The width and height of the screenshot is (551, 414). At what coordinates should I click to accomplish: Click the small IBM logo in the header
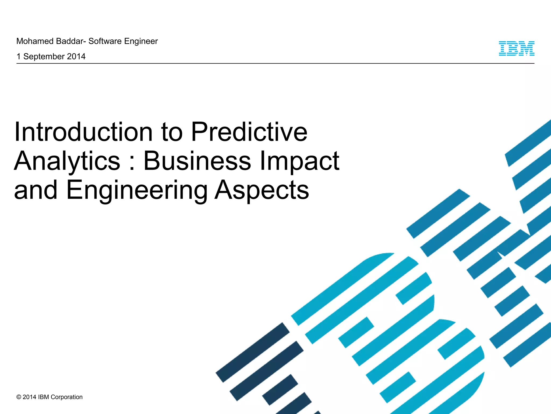[x=516, y=49]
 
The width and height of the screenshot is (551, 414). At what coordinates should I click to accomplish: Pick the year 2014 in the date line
[x=76, y=57]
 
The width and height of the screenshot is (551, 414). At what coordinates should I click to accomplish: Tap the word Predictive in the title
[x=249, y=132]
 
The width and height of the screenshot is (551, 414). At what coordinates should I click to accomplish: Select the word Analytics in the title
[x=67, y=161]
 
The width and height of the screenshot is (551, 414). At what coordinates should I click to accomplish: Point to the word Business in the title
[x=197, y=161]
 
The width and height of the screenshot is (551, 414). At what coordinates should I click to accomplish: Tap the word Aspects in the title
[x=262, y=190]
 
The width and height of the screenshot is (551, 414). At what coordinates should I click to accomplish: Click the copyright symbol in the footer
[x=19, y=397]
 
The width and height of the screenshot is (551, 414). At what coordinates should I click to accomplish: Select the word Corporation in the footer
[x=66, y=397]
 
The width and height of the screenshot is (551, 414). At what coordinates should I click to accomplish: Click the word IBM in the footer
[x=44, y=397]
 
